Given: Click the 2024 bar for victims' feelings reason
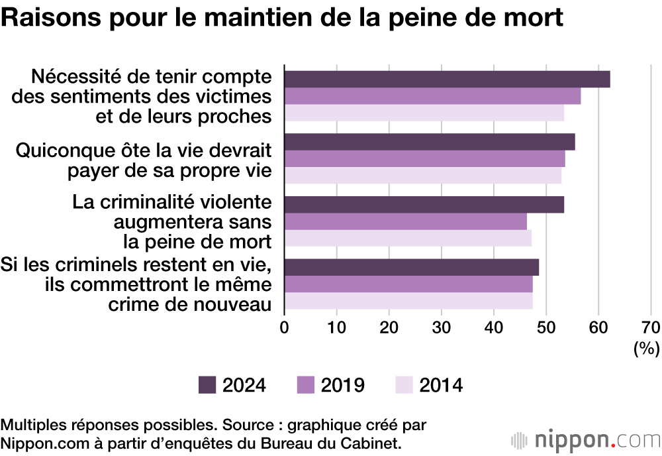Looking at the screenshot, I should point(447,79).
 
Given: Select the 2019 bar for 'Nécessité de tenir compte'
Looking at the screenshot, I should point(432,96).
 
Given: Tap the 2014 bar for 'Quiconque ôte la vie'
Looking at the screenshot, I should point(422,176).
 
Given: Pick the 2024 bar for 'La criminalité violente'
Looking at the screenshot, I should point(424,205).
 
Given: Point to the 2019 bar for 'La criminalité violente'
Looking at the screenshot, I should point(405,221).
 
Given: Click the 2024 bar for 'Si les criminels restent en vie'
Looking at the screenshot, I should point(411,267).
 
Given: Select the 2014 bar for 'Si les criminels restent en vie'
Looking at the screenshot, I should point(408,302).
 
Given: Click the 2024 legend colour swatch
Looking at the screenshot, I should point(207,385).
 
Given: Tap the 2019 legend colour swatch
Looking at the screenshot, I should point(305,385).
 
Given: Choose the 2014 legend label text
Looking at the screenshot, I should point(441,385).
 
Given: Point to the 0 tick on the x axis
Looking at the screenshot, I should point(285,327).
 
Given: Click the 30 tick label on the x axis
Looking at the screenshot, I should point(442,327).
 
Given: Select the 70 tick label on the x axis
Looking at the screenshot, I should point(650,327).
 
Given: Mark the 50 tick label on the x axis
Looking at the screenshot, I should point(546,327).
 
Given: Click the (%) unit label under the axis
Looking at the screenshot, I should point(647,348).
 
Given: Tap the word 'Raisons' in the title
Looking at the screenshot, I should point(44,18).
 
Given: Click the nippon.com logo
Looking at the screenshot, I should point(585,439).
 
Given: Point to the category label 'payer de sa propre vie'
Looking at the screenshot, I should point(169,170).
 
